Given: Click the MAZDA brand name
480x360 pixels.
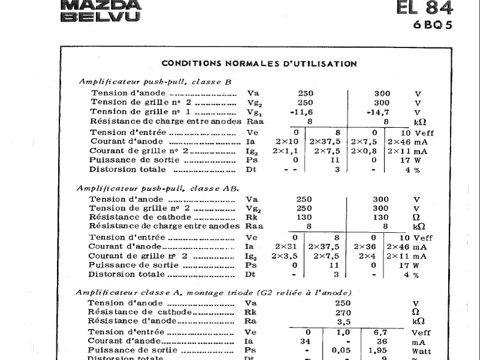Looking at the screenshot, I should coord(101,5).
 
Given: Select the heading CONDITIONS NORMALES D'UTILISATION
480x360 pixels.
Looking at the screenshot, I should coord(259,64).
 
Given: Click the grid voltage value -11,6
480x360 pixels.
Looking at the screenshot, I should coord(301,112).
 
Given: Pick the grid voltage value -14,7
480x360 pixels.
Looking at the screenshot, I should coord(377,112).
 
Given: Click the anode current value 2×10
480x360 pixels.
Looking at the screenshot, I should coord(286,142).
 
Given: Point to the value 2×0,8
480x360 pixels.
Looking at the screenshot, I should coord(364,151).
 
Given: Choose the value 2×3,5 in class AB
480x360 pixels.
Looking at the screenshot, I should coord(284,256).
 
